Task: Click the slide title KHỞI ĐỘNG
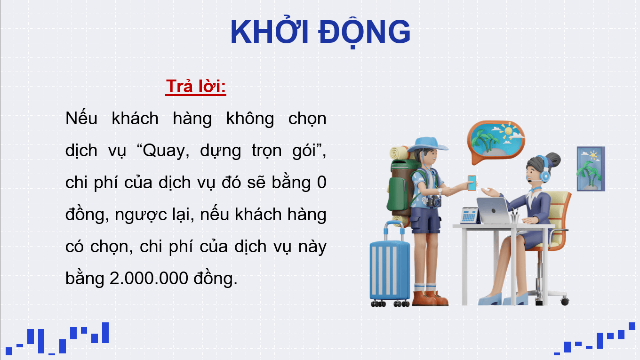(320, 32)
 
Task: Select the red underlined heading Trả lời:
(196, 87)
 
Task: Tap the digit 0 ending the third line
(321, 183)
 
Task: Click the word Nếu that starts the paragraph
(81, 119)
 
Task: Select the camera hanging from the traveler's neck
(433, 202)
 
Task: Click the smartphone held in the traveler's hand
(472, 183)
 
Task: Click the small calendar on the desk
(469, 216)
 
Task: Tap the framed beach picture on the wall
(591, 168)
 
